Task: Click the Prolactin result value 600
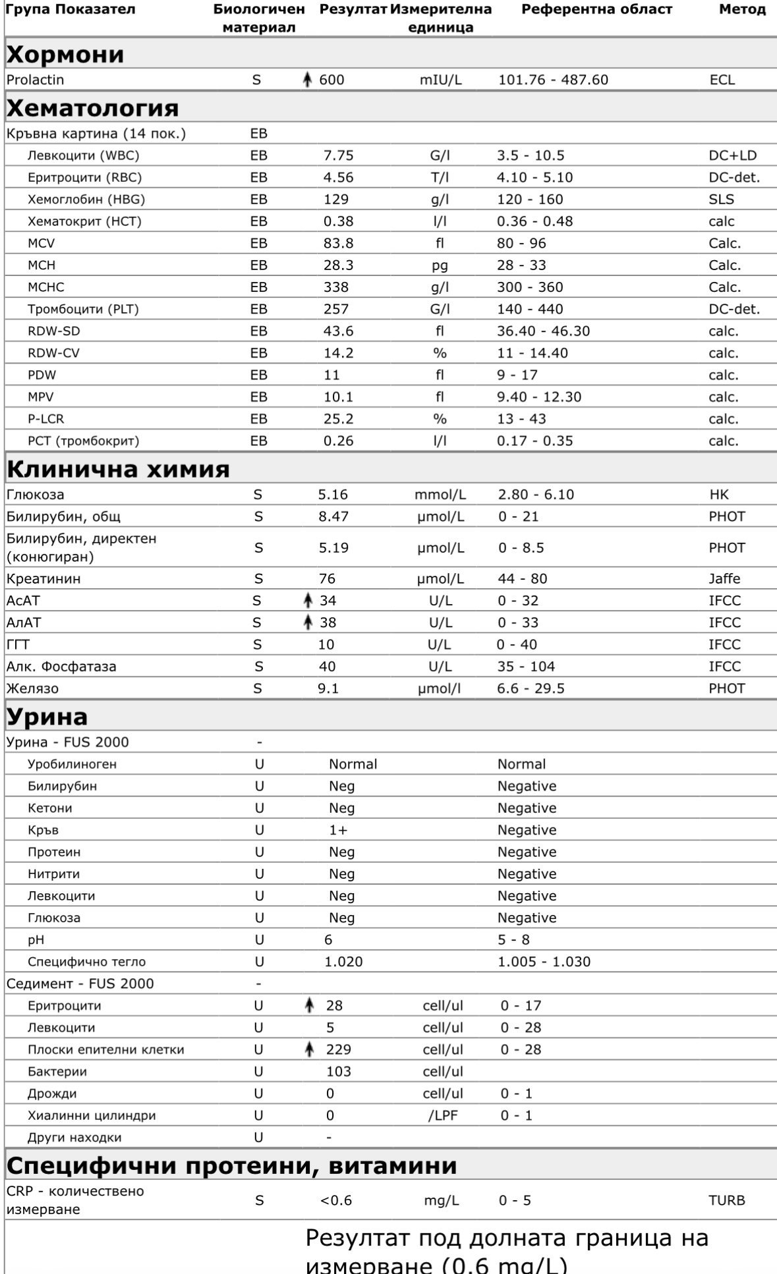coord(331,80)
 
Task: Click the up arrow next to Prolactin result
coord(306,80)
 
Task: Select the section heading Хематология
coord(92,108)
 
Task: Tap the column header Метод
coord(742,9)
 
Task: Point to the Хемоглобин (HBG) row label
coord(86,199)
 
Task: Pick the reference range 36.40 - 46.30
coord(543,331)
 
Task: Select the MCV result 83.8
coord(338,243)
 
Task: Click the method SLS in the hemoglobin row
coord(721,199)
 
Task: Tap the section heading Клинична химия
coord(118,469)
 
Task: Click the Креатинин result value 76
coord(327,578)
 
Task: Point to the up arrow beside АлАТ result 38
coord(306,622)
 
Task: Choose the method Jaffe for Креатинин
coord(724,578)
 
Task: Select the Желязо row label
coord(32,688)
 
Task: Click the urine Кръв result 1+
coord(338,830)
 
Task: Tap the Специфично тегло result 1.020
coord(343,962)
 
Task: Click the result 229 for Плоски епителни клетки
coord(338,1049)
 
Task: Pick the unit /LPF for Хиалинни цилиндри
coord(442,1115)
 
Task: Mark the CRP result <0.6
coord(336,1200)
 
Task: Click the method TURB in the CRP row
coord(726,1200)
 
